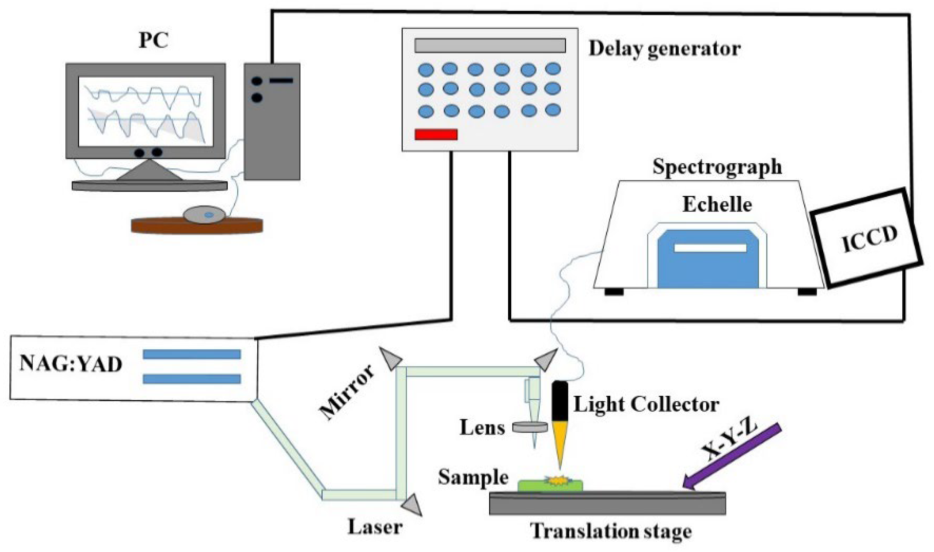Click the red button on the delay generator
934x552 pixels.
(x=436, y=134)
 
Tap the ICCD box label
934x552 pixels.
(x=869, y=239)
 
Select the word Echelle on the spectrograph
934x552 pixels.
(x=717, y=204)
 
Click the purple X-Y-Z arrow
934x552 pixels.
(x=732, y=456)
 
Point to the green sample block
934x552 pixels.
(x=550, y=485)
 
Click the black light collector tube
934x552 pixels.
(x=560, y=401)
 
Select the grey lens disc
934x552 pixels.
(x=530, y=427)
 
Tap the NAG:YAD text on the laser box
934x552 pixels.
(x=71, y=364)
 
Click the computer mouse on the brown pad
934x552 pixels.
(x=204, y=215)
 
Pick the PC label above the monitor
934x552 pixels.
(x=153, y=40)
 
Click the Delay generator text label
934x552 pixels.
(x=664, y=49)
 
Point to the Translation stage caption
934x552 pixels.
(x=611, y=532)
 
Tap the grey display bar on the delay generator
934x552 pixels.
(x=490, y=45)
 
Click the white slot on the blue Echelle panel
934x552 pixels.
(x=710, y=248)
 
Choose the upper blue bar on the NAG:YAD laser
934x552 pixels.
(x=191, y=354)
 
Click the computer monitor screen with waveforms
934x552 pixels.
(x=146, y=112)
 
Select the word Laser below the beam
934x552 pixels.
(x=375, y=527)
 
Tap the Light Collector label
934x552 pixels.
(x=646, y=404)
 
